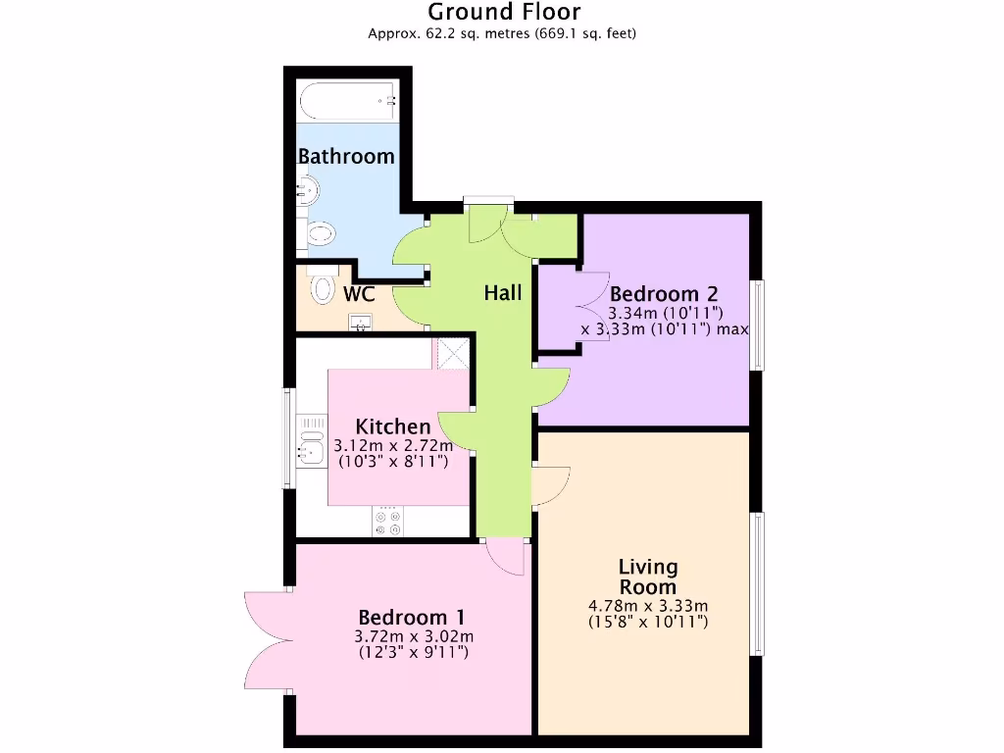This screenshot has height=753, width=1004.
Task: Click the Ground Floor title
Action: pos(504,12)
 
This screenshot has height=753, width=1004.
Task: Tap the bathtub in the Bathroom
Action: pos(348,100)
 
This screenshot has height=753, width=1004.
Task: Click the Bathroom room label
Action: pos(346,156)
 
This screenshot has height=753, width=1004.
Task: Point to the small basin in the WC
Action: pos(361,322)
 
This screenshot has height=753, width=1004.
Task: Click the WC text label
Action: pos(359,294)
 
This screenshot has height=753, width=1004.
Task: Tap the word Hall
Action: pos(502,293)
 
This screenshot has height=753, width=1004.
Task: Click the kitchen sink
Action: pos(311,451)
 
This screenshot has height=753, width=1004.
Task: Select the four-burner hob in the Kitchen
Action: pos(387,521)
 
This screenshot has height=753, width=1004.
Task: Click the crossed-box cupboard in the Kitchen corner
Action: pos(453,353)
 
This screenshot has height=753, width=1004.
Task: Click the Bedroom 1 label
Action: pos(411,618)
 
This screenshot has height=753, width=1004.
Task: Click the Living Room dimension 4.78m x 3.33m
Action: pos(648,606)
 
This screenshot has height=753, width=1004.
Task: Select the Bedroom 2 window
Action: pos(756,326)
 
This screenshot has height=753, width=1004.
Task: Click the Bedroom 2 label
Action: pos(664,293)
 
